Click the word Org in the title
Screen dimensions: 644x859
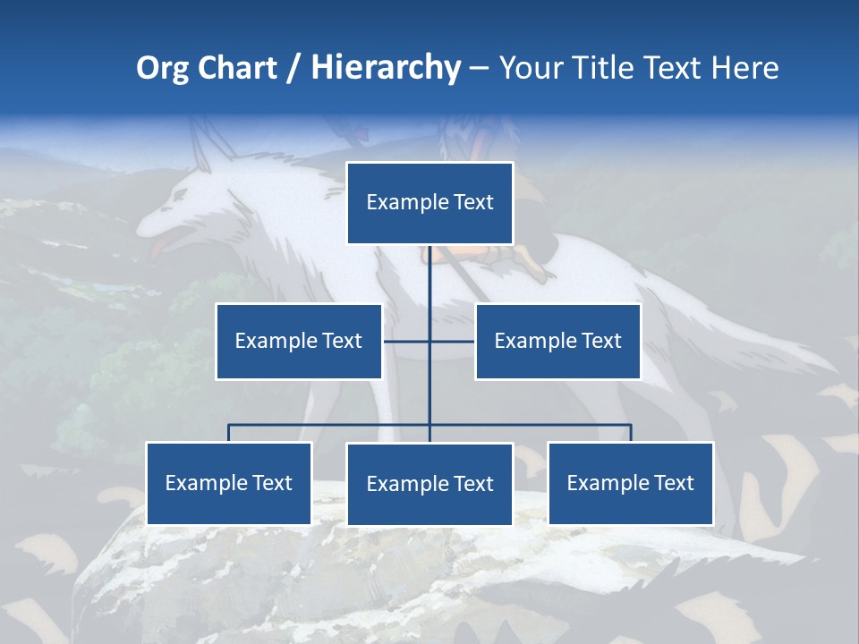click(x=163, y=68)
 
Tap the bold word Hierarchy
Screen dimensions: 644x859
click(x=385, y=68)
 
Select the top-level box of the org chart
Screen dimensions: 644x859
click(x=429, y=203)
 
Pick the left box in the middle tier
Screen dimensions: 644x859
click(x=299, y=341)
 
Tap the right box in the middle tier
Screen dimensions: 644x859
click(x=557, y=341)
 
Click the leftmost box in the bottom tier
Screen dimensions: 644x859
click(x=229, y=483)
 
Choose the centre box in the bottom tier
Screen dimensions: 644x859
click(x=429, y=484)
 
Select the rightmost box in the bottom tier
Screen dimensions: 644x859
click(x=631, y=483)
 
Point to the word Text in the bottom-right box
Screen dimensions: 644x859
click(x=673, y=483)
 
